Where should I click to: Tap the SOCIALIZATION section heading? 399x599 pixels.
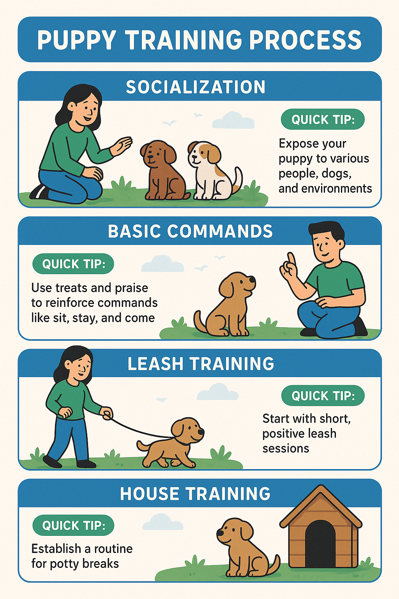(196, 87)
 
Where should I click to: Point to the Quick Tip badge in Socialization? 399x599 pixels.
(323, 119)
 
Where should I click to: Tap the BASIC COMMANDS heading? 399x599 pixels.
(190, 231)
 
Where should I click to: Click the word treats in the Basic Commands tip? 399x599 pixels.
(71, 288)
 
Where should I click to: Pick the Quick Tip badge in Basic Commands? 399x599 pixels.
(73, 264)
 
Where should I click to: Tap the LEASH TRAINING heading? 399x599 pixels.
(201, 363)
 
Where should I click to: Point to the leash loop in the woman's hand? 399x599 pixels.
(107, 415)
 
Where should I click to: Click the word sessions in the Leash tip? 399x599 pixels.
(286, 448)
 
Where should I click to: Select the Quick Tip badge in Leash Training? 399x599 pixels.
(323, 396)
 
